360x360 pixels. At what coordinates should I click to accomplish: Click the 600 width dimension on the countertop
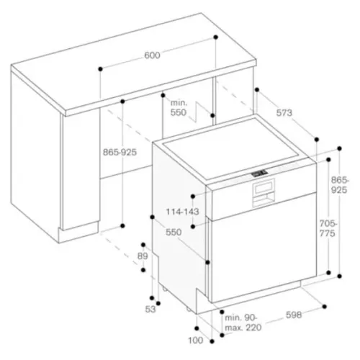pyautogui.click(x=152, y=55)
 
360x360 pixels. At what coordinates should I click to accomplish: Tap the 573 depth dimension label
pyautogui.click(x=284, y=113)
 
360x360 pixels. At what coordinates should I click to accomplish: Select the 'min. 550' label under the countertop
pyautogui.click(x=179, y=108)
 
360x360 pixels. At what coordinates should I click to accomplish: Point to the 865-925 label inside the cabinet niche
pyautogui.click(x=120, y=152)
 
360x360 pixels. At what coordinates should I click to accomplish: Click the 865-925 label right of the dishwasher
pyautogui.click(x=339, y=185)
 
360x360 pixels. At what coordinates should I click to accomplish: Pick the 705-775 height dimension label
pyautogui.click(x=328, y=228)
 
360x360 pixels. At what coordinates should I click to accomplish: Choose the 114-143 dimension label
pyautogui.click(x=183, y=212)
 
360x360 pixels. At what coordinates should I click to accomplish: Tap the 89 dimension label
pyautogui.click(x=143, y=256)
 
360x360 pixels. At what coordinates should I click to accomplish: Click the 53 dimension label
pyautogui.click(x=150, y=310)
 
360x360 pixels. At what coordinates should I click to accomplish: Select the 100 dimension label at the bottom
pyautogui.click(x=196, y=341)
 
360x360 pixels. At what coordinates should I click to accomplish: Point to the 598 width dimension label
pyautogui.click(x=294, y=315)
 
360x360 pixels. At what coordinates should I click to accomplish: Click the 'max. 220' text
pyautogui.click(x=243, y=328)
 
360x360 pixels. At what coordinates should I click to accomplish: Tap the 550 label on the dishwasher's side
pyautogui.click(x=174, y=233)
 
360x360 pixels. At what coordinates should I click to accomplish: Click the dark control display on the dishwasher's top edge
pyautogui.click(x=259, y=173)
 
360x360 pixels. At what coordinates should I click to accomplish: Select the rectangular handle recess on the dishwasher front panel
pyautogui.click(x=263, y=192)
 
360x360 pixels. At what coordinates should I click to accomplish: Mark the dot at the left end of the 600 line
pyautogui.click(x=101, y=69)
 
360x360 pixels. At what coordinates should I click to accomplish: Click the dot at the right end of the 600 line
pyautogui.click(x=216, y=37)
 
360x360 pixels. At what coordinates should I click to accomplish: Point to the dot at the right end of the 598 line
pyautogui.click(x=325, y=307)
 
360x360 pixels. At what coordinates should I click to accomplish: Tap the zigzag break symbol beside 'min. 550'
pyautogui.click(x=197, y=112)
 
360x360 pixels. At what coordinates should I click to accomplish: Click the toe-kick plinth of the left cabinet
pyautogui.click(x=78, y=232)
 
